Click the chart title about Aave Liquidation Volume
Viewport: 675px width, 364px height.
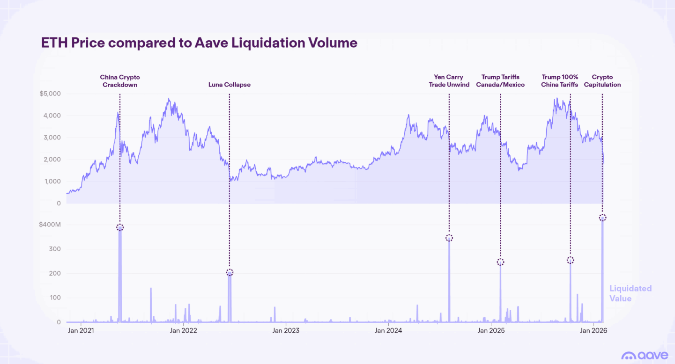(199, 43)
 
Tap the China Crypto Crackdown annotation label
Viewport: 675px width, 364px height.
(120, 81)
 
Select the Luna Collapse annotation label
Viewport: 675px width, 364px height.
(229, 85)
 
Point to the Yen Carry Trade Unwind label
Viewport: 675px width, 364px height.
(449, 81)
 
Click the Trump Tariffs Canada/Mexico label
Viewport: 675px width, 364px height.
(500, 81)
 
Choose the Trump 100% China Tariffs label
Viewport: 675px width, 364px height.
(560, 81)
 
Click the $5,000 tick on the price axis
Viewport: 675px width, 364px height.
(51, 94)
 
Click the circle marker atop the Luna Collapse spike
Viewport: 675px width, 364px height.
(230, 273)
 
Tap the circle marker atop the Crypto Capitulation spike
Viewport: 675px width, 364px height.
(602, 218)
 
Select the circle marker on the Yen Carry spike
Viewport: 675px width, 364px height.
(449, 238)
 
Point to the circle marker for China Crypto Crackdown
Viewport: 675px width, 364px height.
(120, 227)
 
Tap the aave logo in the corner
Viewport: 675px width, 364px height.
(645, 356)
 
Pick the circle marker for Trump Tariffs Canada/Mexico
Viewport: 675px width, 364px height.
(500, 262)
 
